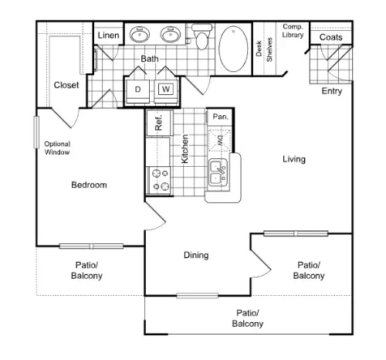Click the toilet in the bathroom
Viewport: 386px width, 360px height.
point(202,36)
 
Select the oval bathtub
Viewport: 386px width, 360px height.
point(233,49)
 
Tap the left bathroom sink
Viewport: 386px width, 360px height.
point(140,34)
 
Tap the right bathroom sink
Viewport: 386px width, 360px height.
point(171,34)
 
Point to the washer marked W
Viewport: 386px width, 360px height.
point(166,91)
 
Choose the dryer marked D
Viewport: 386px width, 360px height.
point(137,91)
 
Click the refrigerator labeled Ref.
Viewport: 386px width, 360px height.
point(159,123)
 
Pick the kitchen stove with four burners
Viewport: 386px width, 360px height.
point(158,180)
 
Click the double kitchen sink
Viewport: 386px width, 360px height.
point(218,172)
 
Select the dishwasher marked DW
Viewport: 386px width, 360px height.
point(219,141)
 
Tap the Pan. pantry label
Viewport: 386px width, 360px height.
point(221,117)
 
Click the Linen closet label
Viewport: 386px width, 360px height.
point(108,36)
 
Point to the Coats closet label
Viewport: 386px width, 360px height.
point(331,37)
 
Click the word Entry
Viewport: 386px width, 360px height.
point(332,91)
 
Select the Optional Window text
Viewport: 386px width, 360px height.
point(57,148)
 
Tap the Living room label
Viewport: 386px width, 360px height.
point(294,159)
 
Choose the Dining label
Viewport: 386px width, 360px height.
point(196,255)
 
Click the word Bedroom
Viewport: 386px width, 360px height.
point(89,185)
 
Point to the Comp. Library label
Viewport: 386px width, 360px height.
point(293,31)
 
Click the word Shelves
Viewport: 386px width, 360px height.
point(269,49)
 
